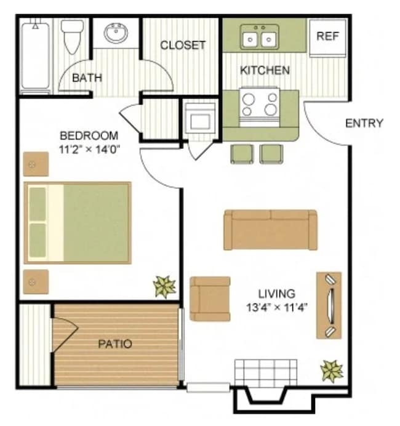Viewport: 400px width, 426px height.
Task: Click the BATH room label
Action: tap(87, 78)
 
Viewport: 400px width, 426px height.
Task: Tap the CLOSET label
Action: tap(182, 46)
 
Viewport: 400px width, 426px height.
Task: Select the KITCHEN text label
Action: tap(265, 70)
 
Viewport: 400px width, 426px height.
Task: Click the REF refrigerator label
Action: tap(327, 36)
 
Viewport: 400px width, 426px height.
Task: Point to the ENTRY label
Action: tap(364, 123)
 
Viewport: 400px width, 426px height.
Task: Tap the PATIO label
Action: tap(115, 344)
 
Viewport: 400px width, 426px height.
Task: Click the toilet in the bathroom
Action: tap(73, 36)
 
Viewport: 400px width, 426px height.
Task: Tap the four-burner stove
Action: tap(259, 103)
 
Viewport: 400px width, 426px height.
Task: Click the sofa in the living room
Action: tap(270, 230)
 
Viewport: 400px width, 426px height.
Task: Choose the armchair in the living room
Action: tap(210, 299)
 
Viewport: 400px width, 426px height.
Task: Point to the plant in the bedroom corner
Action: tap(165, 286)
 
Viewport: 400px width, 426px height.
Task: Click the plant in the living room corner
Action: tap(332, 371)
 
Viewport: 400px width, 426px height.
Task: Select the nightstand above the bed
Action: tap(36, 164)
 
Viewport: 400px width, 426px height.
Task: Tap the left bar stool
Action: tap(242, 153)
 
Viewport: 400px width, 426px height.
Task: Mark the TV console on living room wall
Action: tap(329, 305)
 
